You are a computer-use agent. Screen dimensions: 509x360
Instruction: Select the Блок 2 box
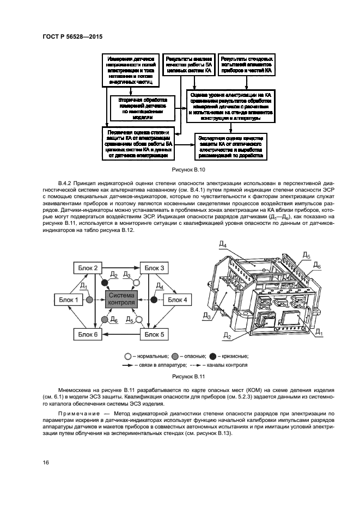click(87, 268)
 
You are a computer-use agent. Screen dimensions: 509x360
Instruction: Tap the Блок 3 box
click(155, 268)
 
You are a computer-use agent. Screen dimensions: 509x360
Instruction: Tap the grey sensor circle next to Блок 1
click(90, 299)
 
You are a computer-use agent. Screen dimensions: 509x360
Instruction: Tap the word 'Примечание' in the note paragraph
click(78, 414)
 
